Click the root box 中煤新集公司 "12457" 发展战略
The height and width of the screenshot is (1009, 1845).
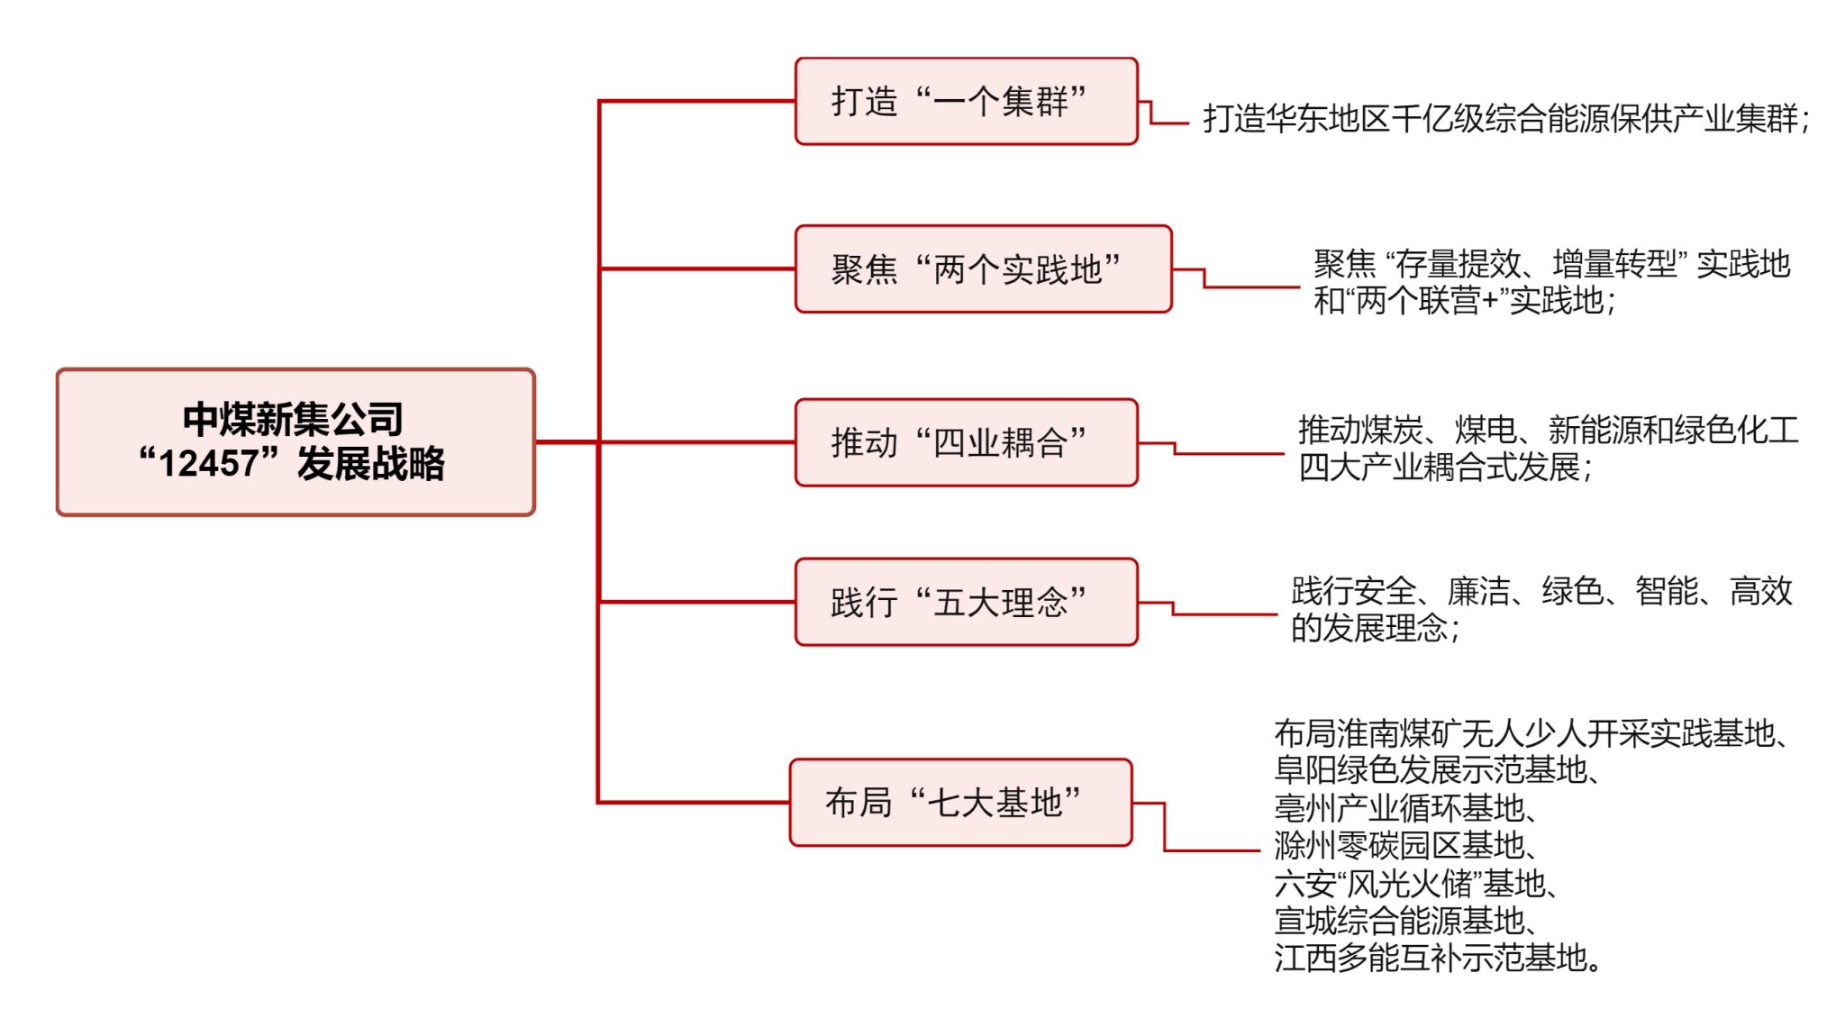coord(295,441)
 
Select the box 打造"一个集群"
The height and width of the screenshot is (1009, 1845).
coord(966,101)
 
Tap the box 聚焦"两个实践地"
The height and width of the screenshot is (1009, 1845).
coord(983,268)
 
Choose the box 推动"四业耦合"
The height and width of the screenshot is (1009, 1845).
coord(966,442)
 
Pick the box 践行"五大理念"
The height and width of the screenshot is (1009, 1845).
coord(966,602)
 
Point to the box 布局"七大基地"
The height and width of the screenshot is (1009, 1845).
coord(960,802)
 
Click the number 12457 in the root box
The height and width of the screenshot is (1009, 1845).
coord(208,464)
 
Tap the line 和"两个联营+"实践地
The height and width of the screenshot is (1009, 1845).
coord(1464,301)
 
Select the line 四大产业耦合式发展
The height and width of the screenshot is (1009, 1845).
coord(1445,468)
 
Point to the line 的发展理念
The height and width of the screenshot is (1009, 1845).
coord(1375,628)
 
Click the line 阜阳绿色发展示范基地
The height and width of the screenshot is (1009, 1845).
coord(1436,770)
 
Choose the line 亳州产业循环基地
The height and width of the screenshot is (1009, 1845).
coord(1404,808)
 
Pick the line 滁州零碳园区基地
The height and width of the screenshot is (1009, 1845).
coord(1404,846)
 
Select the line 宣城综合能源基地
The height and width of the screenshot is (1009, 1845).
coord(1404,921)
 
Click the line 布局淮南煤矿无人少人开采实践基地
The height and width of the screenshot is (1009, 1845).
coord(1531,733)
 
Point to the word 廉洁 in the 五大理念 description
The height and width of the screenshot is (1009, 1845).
coord(1478,592)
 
